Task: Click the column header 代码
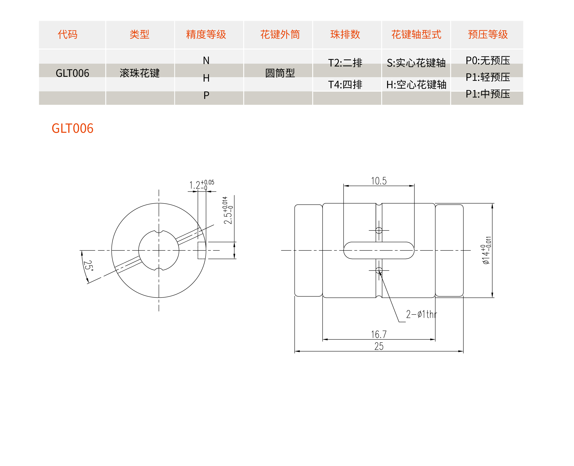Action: tap(68, 34)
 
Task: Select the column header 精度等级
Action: tap(206, 34)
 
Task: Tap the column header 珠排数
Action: tap(345, 34)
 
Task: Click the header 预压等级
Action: tap(488, 34)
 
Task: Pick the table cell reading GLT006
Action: tap(73, 73)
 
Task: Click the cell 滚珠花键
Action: tap(140, 73)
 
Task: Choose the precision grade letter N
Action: tap(206, 61)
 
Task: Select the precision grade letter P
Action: tap(206, 95)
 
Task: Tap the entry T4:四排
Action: tap(345, 85)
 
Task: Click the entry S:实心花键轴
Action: tap(416, 63)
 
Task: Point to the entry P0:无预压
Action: tap(488, 60)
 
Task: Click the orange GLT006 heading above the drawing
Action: tap(73, 128)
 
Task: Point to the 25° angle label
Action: tap(88, 265)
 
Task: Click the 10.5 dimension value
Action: tap(379, 181)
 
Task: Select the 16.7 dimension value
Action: tap(379, 334)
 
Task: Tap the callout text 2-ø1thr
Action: tap(421, 314)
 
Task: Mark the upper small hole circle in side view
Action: tap(379, 230)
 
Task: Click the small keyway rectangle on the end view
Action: tap(202, 250)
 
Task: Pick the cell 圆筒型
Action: tap(280, 73)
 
